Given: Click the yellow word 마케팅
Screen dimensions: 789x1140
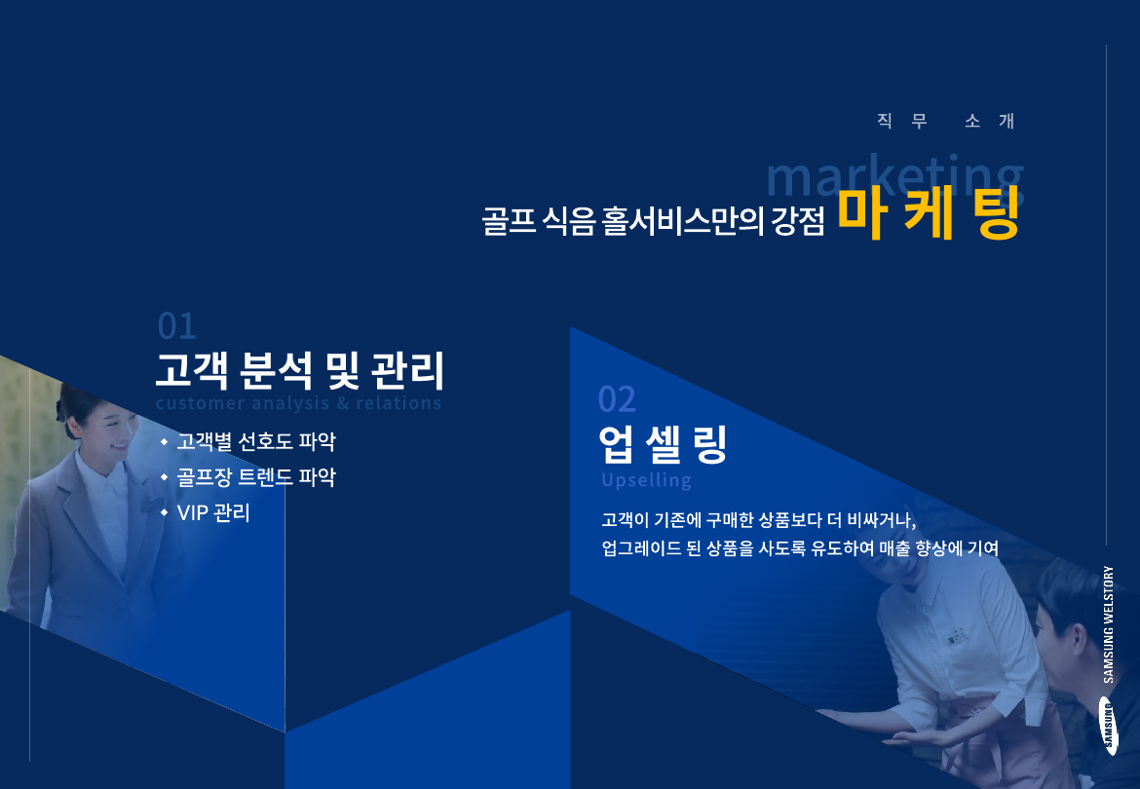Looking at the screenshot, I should (928, 215).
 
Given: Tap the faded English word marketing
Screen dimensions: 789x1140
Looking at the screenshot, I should (893, 175).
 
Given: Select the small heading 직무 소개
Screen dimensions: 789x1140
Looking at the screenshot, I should (945, 122).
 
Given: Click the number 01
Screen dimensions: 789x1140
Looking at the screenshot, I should (176, 326).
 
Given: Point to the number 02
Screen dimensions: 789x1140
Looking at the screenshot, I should (616, 398).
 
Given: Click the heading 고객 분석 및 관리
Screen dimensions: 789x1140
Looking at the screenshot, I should (299, 370).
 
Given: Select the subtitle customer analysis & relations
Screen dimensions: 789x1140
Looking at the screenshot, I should (298, 403).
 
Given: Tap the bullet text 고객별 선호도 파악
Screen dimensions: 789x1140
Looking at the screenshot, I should (255, 442).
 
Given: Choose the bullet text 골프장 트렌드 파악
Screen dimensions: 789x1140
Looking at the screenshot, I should (255, 477).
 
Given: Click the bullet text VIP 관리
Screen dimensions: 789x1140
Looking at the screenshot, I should (213, 512).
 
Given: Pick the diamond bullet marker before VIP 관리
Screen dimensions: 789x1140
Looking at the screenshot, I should (164, 512).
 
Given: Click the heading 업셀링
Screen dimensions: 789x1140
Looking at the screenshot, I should (663, 445).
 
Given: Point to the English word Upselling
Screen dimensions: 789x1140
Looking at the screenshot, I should (646, 480).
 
